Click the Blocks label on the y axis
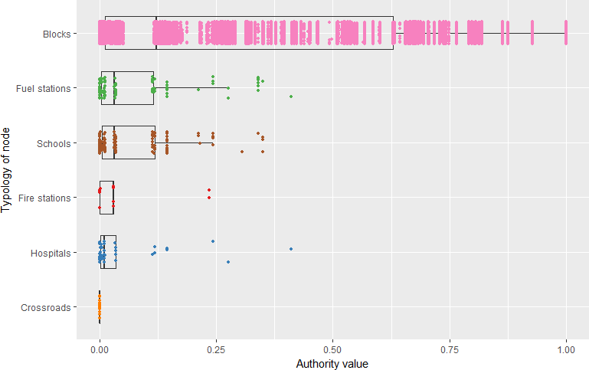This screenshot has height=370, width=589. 57,34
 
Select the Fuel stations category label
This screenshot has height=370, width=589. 44,88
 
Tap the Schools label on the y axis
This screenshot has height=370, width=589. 54,143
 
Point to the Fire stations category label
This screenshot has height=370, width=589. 45,198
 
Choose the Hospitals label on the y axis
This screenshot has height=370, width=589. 51,253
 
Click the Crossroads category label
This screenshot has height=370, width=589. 47,308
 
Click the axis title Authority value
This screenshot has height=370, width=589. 332,363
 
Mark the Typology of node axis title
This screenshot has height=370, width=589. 7,170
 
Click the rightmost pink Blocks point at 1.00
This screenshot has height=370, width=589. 565,34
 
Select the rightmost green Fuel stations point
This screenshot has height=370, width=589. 291,97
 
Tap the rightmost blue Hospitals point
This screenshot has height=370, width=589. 291,249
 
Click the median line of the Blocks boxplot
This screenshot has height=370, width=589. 156,34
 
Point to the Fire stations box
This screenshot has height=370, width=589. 106,198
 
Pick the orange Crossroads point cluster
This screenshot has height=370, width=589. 100,307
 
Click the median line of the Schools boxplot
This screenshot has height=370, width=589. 114,142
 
